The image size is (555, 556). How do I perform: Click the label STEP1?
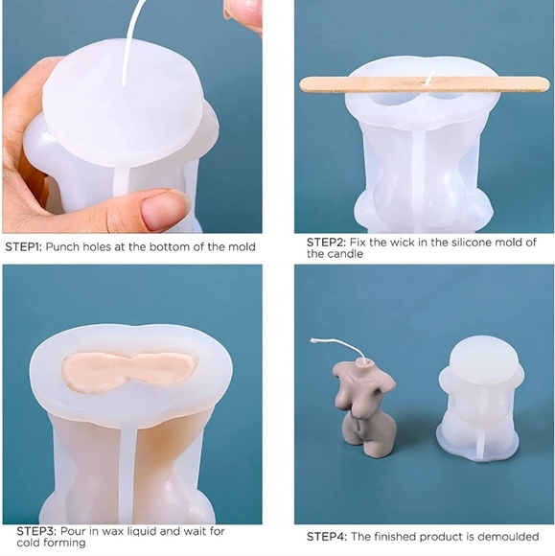tap(23, 246)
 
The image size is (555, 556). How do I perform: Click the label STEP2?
tap(326, 243)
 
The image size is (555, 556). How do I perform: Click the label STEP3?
tap(36, 531)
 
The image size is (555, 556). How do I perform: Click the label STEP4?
tap(326, 537)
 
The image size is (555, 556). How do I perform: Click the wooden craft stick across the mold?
tap(424, 84)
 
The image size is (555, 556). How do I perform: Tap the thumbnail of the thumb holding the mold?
tap(162, 210)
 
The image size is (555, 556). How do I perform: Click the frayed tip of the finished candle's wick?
tap(313, 340)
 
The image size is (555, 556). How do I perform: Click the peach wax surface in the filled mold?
tap(129, 370)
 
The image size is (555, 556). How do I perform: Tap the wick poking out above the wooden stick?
tap(430, 77)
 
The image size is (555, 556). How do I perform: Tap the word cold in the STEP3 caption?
tap(28, 543)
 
